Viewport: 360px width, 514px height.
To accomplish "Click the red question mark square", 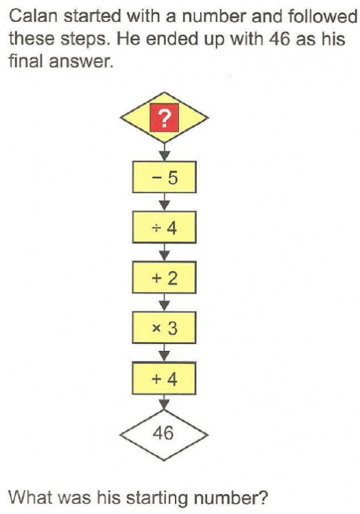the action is [165, 118].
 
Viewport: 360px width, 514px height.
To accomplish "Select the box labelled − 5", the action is [165, 177].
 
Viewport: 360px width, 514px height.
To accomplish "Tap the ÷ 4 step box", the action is [165, 227].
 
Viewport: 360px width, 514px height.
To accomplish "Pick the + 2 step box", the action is [165, 278].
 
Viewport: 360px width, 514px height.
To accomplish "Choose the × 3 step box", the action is [165, 328].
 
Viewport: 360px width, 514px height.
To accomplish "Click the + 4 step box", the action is [165, 378].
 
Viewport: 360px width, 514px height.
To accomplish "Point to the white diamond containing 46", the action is [165, 435].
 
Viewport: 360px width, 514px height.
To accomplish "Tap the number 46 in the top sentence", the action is [280, 38].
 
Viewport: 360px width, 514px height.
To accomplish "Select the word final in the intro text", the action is [26, 61].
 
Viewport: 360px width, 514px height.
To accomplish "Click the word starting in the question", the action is [158, 498].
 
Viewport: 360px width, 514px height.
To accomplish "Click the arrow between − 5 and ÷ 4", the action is [165, 201].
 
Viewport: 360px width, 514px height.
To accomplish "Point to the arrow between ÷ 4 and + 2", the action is [165, 252].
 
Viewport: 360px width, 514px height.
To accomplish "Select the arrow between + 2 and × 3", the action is [165, 302].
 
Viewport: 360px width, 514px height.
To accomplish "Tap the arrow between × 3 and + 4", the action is [165, 352].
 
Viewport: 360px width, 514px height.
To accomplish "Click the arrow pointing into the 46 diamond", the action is [165, 402].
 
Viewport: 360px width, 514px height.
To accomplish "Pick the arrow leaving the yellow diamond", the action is [165, 151].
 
